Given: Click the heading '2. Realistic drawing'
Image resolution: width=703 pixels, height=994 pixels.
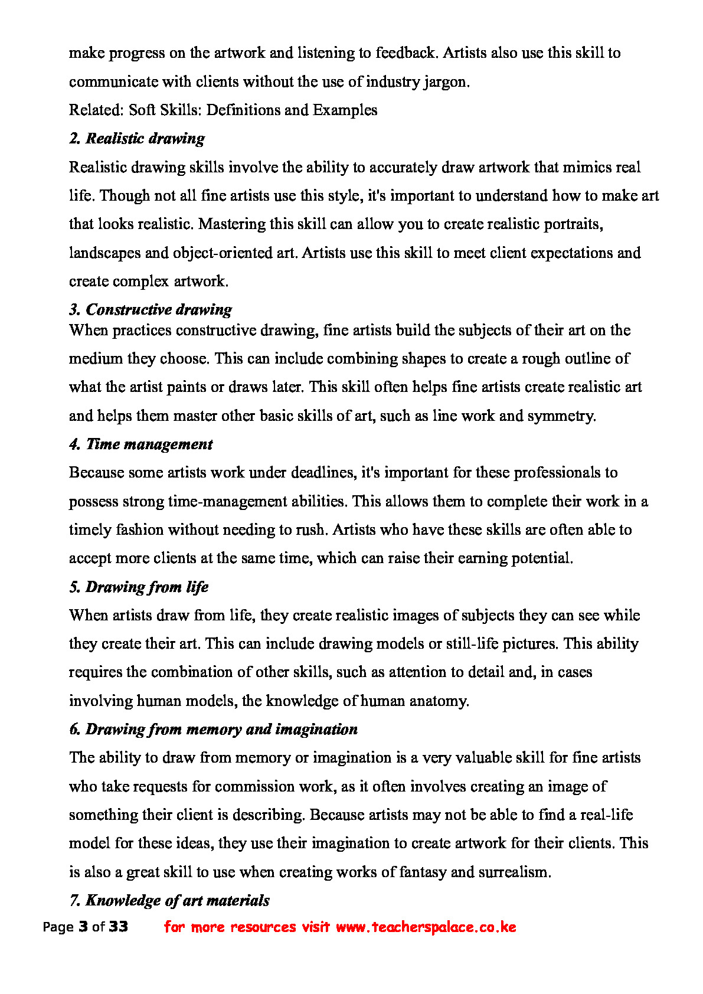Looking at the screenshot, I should tap(137, 139).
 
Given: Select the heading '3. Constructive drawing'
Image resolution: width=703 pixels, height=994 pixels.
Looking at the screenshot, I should tap(151, 309).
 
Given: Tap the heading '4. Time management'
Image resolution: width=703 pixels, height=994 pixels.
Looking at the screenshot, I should tap(140, 444).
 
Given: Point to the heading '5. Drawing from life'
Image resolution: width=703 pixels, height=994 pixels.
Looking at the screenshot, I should tap(139, 587).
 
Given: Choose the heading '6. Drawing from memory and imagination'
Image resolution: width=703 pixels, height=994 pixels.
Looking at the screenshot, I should tap(213, 730).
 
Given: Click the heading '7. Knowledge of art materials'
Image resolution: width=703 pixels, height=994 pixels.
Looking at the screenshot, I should tap(169, 901).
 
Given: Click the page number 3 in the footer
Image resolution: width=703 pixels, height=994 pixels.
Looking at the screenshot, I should tap(83, 927).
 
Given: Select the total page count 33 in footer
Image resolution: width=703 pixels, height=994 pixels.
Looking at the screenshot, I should tap(118, 927).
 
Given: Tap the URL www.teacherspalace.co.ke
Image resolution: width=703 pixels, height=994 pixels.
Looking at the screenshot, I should tap(426, 927).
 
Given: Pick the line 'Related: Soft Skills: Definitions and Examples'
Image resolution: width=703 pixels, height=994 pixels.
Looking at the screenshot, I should tap(223, 110).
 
